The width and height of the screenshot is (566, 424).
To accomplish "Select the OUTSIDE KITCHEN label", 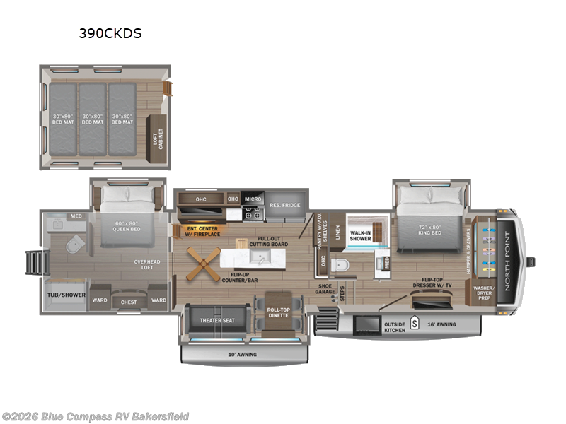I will tap(395, 327).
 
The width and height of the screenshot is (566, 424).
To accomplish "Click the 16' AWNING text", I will tap(442, 324).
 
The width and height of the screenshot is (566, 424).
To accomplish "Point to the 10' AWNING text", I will tap(243, 354).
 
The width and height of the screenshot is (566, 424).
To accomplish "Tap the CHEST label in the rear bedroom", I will tap(129, 302).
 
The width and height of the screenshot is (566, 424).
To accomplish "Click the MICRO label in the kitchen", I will tap(252, 199).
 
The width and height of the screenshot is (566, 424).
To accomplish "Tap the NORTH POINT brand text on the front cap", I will tap(507, 262).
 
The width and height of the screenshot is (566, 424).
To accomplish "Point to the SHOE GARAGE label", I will tap(325, 289).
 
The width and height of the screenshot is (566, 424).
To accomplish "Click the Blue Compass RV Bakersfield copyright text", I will tap(95, 417).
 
